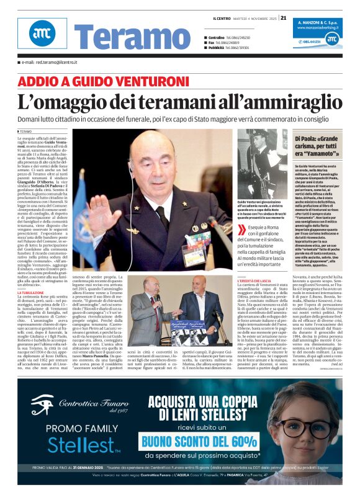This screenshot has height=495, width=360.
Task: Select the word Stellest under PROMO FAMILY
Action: (66, 445)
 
